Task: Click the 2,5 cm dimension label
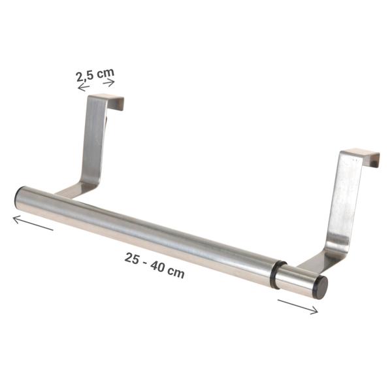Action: (95, 74)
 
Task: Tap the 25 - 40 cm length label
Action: (155, 265)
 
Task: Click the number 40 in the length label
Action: (157, 267)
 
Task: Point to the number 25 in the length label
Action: (131, 259)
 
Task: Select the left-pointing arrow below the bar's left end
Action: (33, 223)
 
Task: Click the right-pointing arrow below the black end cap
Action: (298, 306)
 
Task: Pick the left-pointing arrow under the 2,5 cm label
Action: (84, 88)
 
